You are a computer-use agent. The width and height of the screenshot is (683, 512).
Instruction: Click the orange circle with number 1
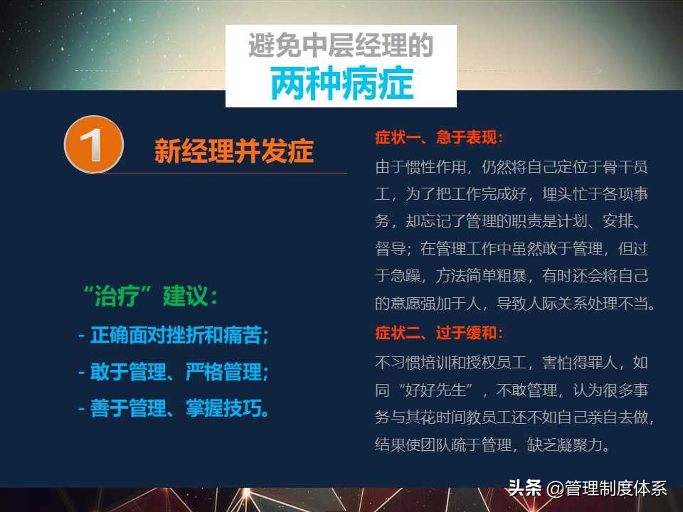click(x=94, y=144)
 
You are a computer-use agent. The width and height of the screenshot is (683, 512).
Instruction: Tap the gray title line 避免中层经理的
click(x=341, y=46)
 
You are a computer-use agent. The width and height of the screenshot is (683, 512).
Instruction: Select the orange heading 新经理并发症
click(x=234, y=152)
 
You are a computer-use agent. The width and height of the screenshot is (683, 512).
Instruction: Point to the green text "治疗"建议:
click(x=151, y=296)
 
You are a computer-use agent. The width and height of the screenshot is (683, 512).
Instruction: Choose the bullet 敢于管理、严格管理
click(x=173, y=372)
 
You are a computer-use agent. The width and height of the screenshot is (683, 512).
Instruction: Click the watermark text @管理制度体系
click(x=607, y=489)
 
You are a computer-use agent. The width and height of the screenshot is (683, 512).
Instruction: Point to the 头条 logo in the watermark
click(x=525, y=489)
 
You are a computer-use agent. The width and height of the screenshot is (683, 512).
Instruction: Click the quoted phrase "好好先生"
click(x=435, y=390)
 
